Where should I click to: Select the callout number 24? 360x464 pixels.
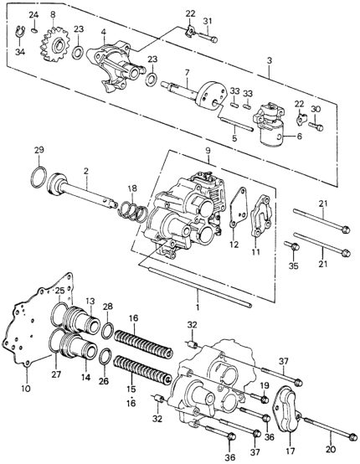click(x=33, y=15)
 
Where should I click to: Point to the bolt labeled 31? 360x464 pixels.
click(x=208, y=36)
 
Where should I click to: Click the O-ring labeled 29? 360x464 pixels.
click(x=39, y=178)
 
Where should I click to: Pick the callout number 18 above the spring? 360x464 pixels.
click(x=132, y=188)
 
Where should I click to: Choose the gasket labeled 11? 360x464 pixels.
click(x=261, y=215)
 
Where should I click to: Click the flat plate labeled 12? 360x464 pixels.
click(x=239, y=208)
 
